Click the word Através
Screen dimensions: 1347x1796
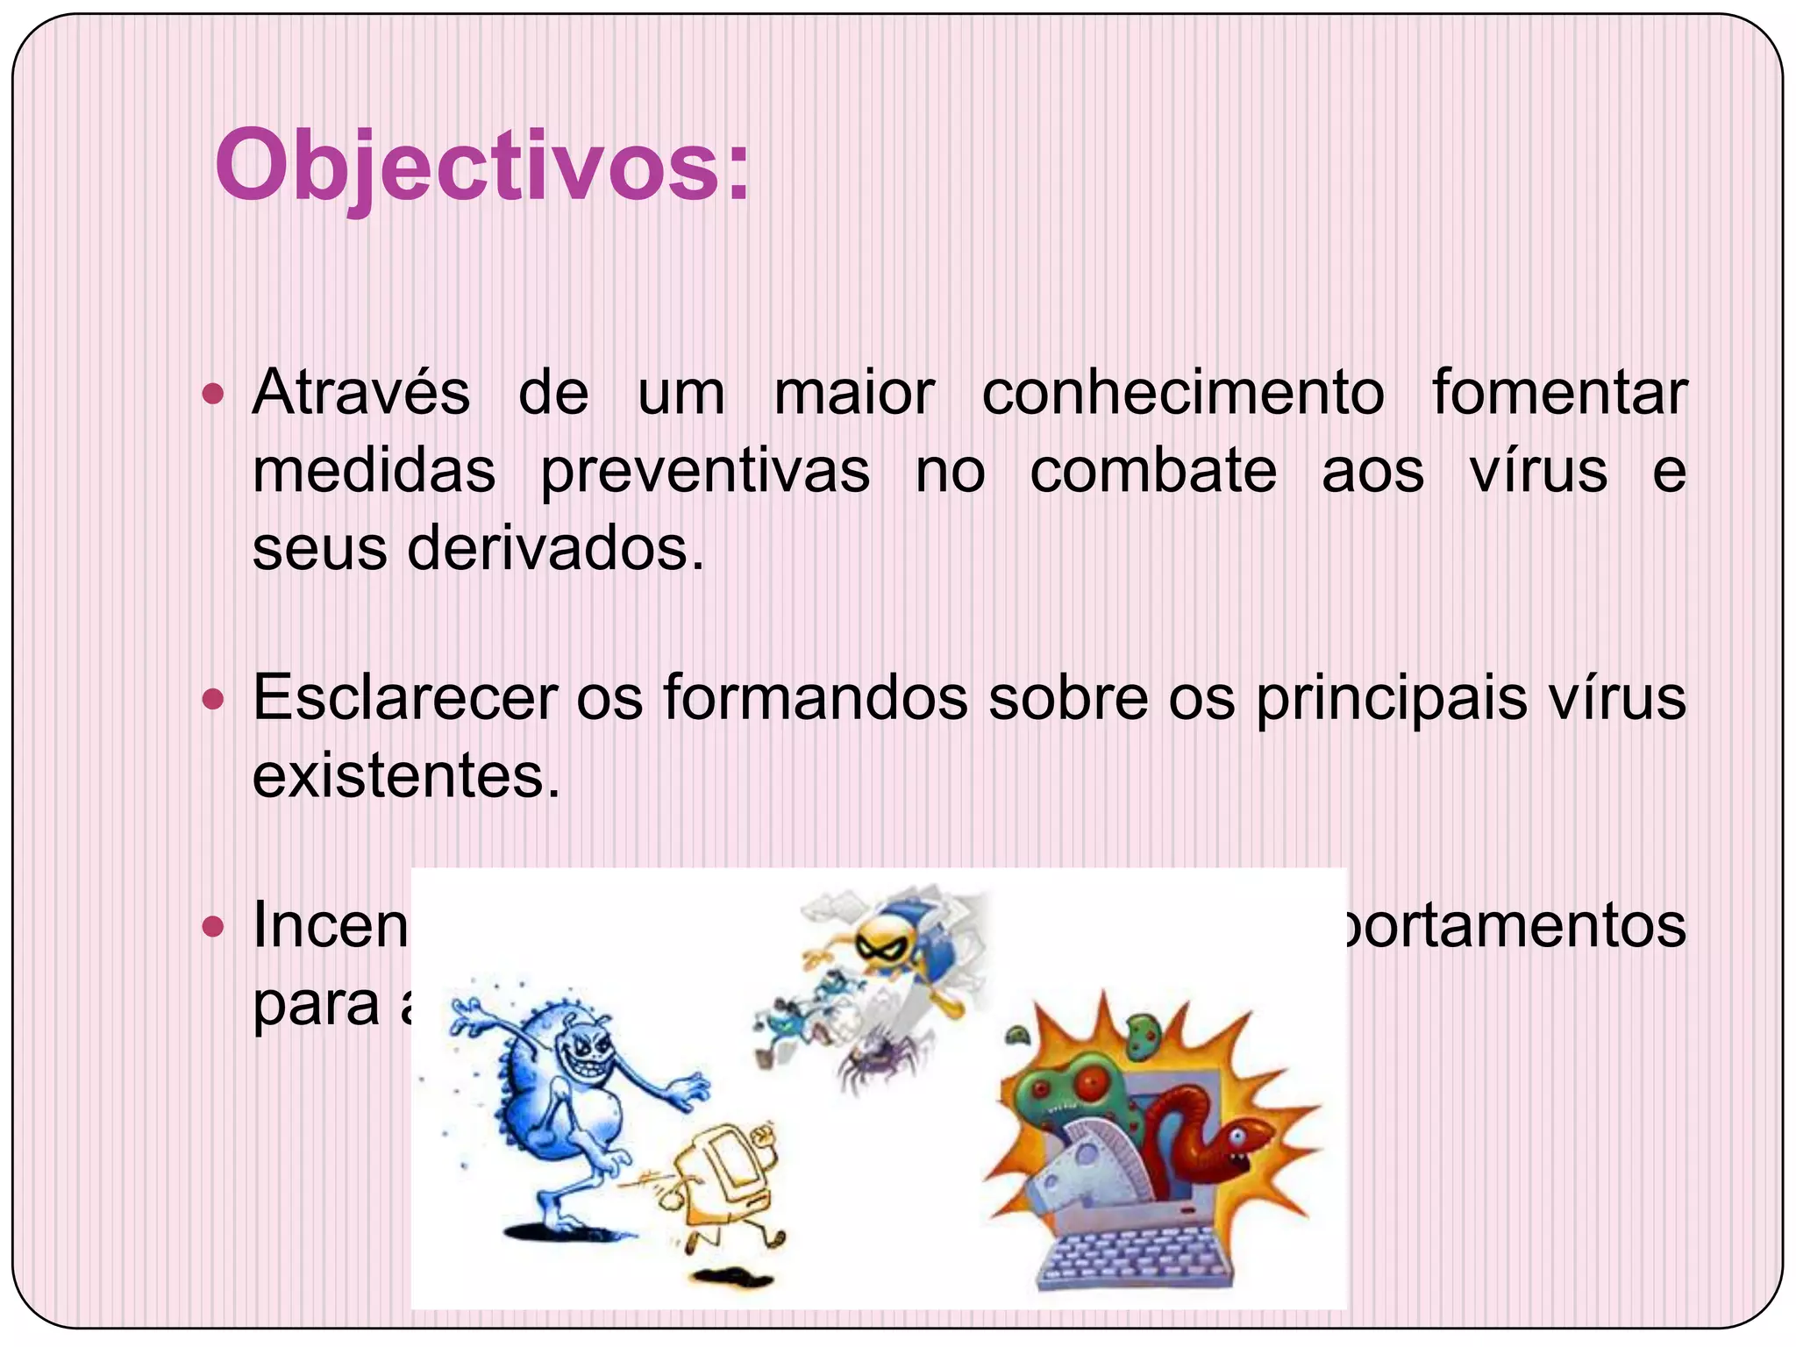click(x=361, y=392)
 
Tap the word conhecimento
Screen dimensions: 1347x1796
click(x=1183, y=392)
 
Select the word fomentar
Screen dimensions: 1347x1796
click(x=1559, y=392)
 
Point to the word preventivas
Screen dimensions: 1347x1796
click(x=705, y=472)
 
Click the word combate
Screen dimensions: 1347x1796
click(x=1153, y=472)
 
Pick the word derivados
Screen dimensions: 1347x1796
click(x=556, y=549)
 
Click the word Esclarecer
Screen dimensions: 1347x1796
click(x=405, y=698)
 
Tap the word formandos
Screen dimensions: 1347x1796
click(x=816, y=698)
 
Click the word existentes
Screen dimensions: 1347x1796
click(x=405, y=776)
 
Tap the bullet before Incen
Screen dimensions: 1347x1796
click(x=213, y=926)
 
